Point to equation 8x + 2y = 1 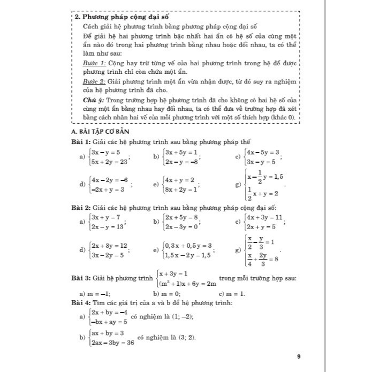click(x=182, y=188)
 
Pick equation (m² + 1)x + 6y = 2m click(x=186, y=283)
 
